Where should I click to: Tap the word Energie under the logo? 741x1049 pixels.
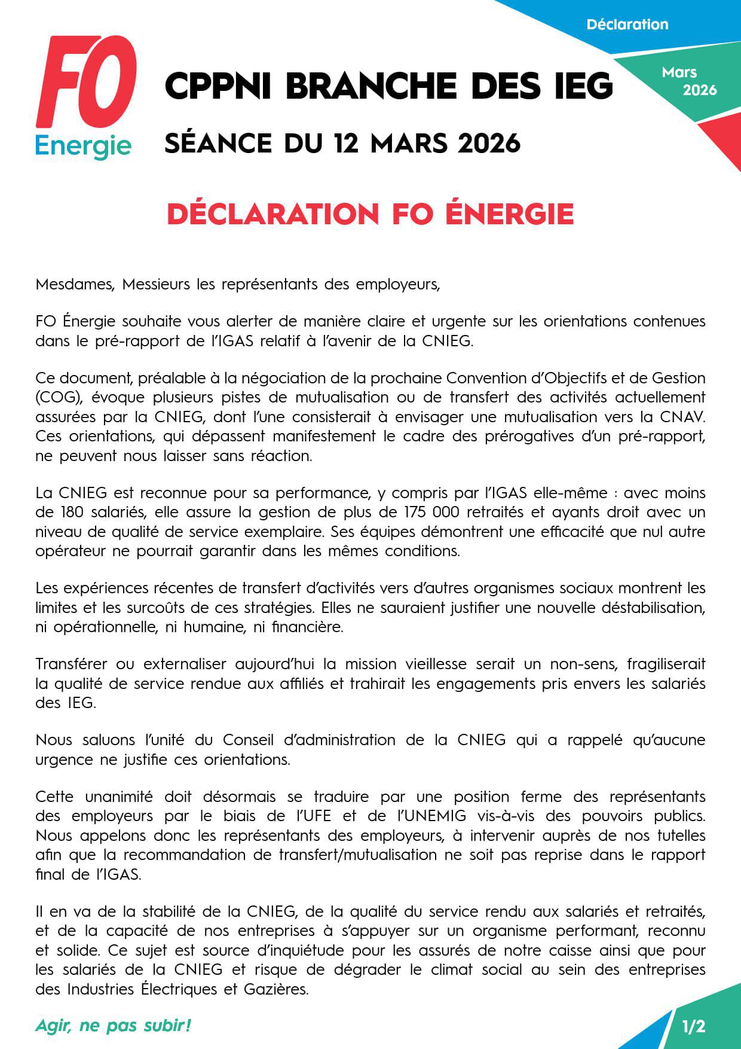[83, 146]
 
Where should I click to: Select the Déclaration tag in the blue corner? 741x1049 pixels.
[627, 25]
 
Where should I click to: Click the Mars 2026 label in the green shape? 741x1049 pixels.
[689, 81]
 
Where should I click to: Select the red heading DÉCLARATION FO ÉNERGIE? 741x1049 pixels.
[370, 214]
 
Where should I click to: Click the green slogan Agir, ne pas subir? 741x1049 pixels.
[113, 1026]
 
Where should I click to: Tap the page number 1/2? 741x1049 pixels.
[693, 1027]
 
